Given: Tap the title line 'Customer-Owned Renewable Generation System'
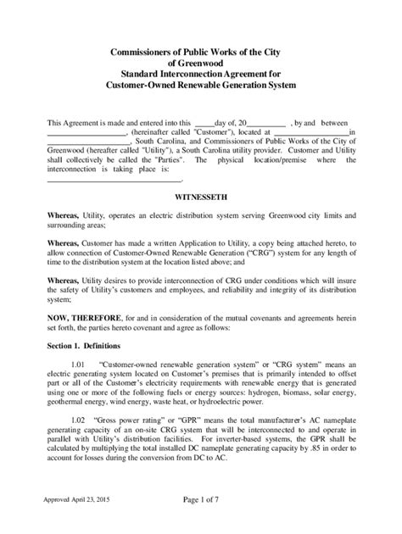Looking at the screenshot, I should [x=200, y=86].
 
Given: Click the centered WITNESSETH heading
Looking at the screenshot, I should [x=200, y=194].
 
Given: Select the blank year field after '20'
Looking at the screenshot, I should [x=267, y=124].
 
